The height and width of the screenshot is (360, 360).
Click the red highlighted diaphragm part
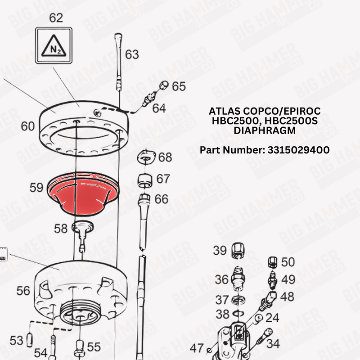83,194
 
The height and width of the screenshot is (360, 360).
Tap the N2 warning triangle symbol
54,46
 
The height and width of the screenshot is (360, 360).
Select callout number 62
56,18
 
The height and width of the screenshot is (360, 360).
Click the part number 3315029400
299,150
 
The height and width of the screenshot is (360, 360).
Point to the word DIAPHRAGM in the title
265,130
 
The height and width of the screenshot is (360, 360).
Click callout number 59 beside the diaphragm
36,187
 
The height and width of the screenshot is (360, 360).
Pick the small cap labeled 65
164,85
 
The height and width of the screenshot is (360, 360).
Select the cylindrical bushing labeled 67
145,180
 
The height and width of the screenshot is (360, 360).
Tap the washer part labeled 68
146,157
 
